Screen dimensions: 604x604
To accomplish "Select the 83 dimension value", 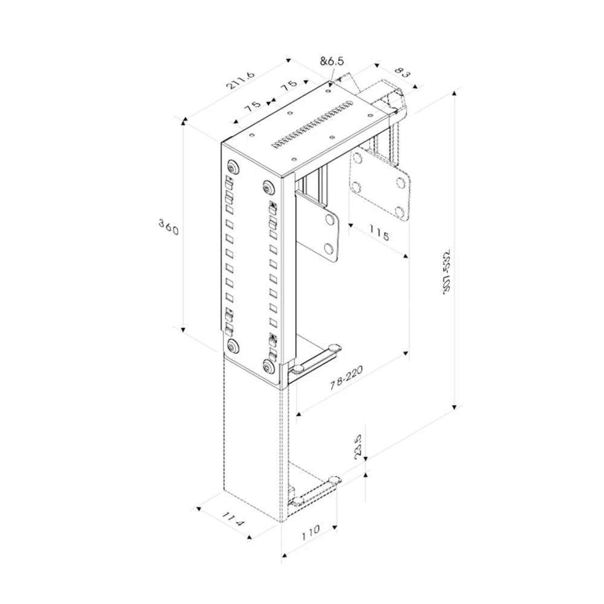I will tap(402, 74).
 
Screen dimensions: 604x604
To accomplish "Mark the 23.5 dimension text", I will tap(359, 445).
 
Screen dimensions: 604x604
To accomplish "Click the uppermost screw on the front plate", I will tap(232, 167).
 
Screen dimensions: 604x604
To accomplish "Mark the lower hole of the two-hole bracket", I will tap(329, 247).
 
